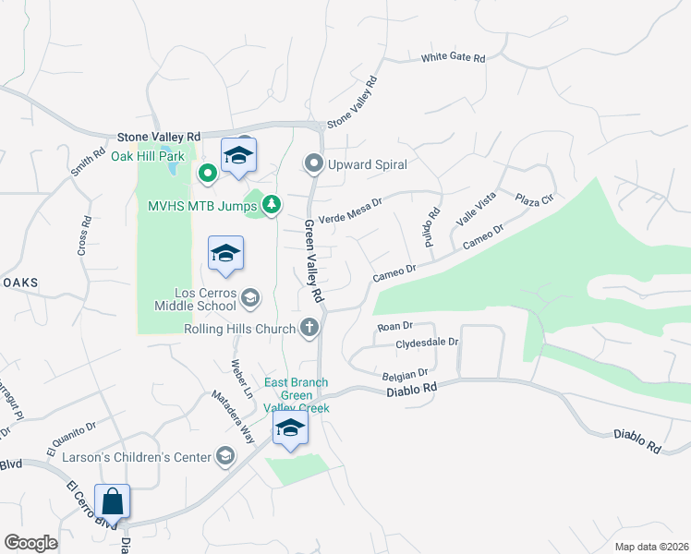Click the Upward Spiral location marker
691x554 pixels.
313,164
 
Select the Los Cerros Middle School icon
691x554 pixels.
250,297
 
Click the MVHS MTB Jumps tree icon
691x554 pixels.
272,204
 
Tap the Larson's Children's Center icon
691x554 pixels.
225,455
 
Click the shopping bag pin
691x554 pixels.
113,503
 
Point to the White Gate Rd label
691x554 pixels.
453,57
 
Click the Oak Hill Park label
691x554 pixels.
149,156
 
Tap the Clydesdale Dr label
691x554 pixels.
427,343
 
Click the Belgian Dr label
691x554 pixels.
406,375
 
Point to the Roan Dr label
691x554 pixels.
394,326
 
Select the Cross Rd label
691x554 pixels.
84,235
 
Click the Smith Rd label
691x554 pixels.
89,160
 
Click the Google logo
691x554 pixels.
30,543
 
